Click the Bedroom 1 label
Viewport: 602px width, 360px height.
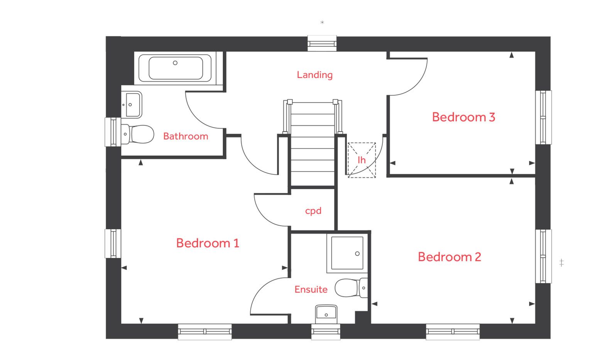click(208, 243)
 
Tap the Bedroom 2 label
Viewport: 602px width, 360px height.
click(450, 257)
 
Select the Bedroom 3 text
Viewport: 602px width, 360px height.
click(463, 117)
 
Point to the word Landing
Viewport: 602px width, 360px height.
click(315, 75)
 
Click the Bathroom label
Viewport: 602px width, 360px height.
click(186, 136)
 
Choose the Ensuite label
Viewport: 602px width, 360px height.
click(311, 289)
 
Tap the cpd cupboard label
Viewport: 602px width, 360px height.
click(313, 211)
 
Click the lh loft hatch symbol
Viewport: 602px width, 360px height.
click(362, 160)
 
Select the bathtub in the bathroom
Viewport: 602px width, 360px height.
click(176, 68)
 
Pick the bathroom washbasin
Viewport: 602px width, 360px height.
click(131, 105)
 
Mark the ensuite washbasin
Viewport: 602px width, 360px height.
click(326, 313)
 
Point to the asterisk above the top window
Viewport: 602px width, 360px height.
click(322, 23)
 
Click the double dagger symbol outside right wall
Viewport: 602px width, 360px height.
click(561, 263)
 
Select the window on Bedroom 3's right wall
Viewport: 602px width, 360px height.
click(543, 117)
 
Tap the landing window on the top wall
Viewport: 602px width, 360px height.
click(322, 43)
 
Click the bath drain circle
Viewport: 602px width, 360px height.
click(175, 63)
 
